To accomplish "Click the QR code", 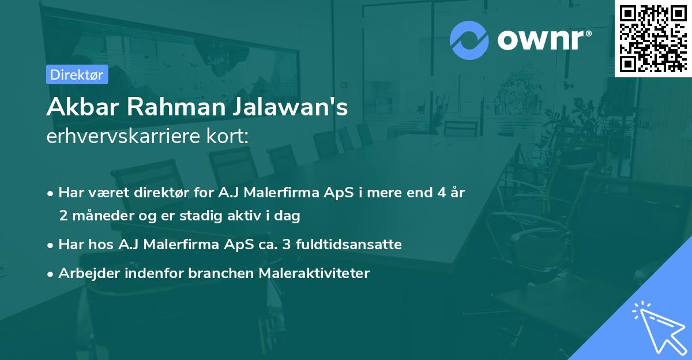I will [x=653, y=39].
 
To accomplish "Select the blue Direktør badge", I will [x=77, y=74].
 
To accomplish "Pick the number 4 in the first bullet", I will [x=441, y=193].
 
